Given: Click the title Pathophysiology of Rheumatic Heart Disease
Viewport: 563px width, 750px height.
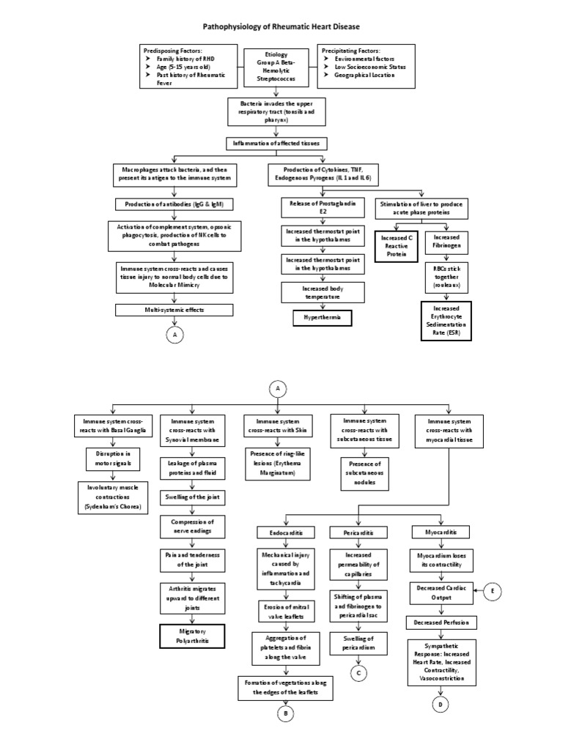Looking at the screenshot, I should [x=281, y=26].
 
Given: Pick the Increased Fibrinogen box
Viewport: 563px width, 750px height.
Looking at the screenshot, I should [x=448, y=243].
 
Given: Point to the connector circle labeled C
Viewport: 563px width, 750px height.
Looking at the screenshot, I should [x=359, y=672].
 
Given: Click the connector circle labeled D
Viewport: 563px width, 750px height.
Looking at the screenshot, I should [x=441, y=705].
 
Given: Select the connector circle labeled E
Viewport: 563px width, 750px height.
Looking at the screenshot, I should [x=493, y=592].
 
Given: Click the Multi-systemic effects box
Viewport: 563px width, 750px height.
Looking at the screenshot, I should [x=174, y=311].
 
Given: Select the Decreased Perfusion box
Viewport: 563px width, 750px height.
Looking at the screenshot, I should [x=442, y=623].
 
